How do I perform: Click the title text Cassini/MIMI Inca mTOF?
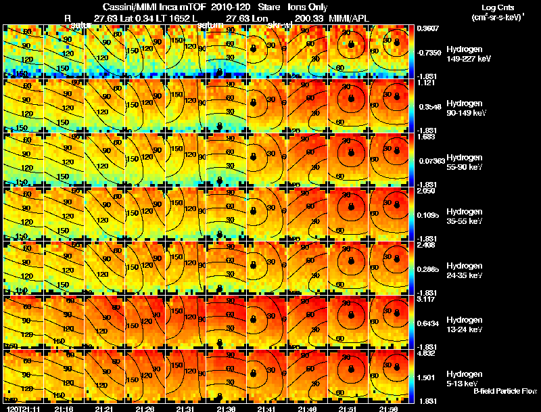tap(149, 7)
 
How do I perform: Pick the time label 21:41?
tap(267, 409)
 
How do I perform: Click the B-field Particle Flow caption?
tap(504, 391)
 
